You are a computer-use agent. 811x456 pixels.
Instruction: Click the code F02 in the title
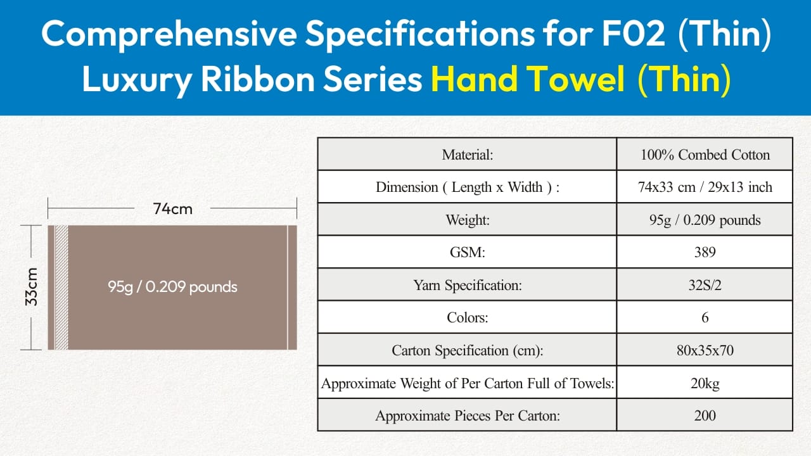tap(633, 34)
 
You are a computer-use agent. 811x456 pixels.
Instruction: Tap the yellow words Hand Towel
tap(528, 79)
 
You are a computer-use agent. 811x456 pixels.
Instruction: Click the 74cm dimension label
tap(172, 209)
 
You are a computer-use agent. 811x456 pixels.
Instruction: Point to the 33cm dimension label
tap(32, 287)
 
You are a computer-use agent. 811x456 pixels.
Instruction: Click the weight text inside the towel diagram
tap(172, 287)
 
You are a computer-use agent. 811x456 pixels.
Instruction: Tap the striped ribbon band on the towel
tap(61, 288)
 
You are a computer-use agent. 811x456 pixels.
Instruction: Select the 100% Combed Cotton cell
tap(705, 155)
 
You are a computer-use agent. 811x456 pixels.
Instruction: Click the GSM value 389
tap(705, 252)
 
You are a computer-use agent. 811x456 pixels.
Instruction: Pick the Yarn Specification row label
tap(468, 285)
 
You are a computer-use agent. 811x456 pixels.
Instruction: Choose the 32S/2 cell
tap(705, 285)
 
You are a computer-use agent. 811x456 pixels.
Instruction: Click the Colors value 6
tap(705, 318)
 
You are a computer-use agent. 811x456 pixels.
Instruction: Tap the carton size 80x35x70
tap(705, 350)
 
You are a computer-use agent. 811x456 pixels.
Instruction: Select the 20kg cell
tap(705, 383)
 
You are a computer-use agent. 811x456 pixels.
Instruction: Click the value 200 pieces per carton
tap(705, 415)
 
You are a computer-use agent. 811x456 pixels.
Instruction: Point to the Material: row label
tap(468, 155)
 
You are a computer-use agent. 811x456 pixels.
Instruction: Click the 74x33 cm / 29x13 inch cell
tap(705, 187)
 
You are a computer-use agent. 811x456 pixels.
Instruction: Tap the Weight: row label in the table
tap(468, 220)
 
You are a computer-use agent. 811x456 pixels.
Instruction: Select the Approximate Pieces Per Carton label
tap(468, 416)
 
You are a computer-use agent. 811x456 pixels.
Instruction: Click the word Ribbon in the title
tap(258, 79)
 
